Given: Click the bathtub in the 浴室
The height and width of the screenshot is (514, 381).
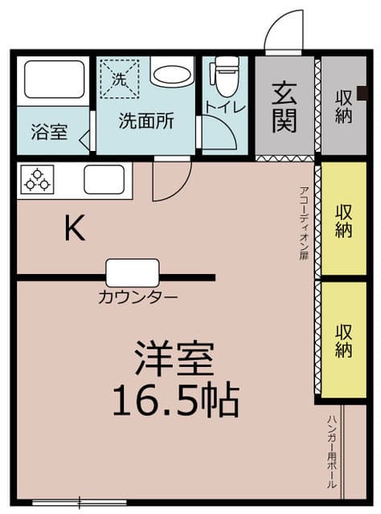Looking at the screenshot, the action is [x=55, y=79].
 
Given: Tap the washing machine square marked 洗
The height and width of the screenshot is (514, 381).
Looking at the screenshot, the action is [x=120, y=79].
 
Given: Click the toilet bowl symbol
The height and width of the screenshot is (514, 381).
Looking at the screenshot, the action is [x=224, y=76].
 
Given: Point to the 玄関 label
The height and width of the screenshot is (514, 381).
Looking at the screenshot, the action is [x=285, y=108].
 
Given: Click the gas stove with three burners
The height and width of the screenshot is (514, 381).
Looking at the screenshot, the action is [x=37, y=179].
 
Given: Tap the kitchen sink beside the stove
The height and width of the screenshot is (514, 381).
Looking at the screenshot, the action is [x=104, y=179].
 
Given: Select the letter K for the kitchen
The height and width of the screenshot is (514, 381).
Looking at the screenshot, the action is [x=75, y=227].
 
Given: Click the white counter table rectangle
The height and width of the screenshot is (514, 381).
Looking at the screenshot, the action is [x=133, y=273].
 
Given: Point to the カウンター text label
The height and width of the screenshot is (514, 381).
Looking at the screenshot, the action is [x=137, y=298].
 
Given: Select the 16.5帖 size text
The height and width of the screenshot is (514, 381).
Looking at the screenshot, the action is [x=175, y=400].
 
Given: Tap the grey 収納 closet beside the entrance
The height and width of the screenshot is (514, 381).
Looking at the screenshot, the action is [x=343, y=105].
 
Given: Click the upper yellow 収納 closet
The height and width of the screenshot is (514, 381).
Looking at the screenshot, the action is [x=343, y=218].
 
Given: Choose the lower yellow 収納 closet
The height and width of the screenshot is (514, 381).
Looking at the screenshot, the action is [x=343, y=340].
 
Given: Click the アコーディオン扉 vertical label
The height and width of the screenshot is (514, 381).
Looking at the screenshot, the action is [x=304, y=223].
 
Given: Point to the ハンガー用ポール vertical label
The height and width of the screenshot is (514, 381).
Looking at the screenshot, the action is [x=331, y=452].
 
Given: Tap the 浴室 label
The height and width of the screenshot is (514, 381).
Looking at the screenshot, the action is [x=49, y=132].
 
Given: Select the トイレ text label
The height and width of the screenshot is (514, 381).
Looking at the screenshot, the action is [x=226, y=106].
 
